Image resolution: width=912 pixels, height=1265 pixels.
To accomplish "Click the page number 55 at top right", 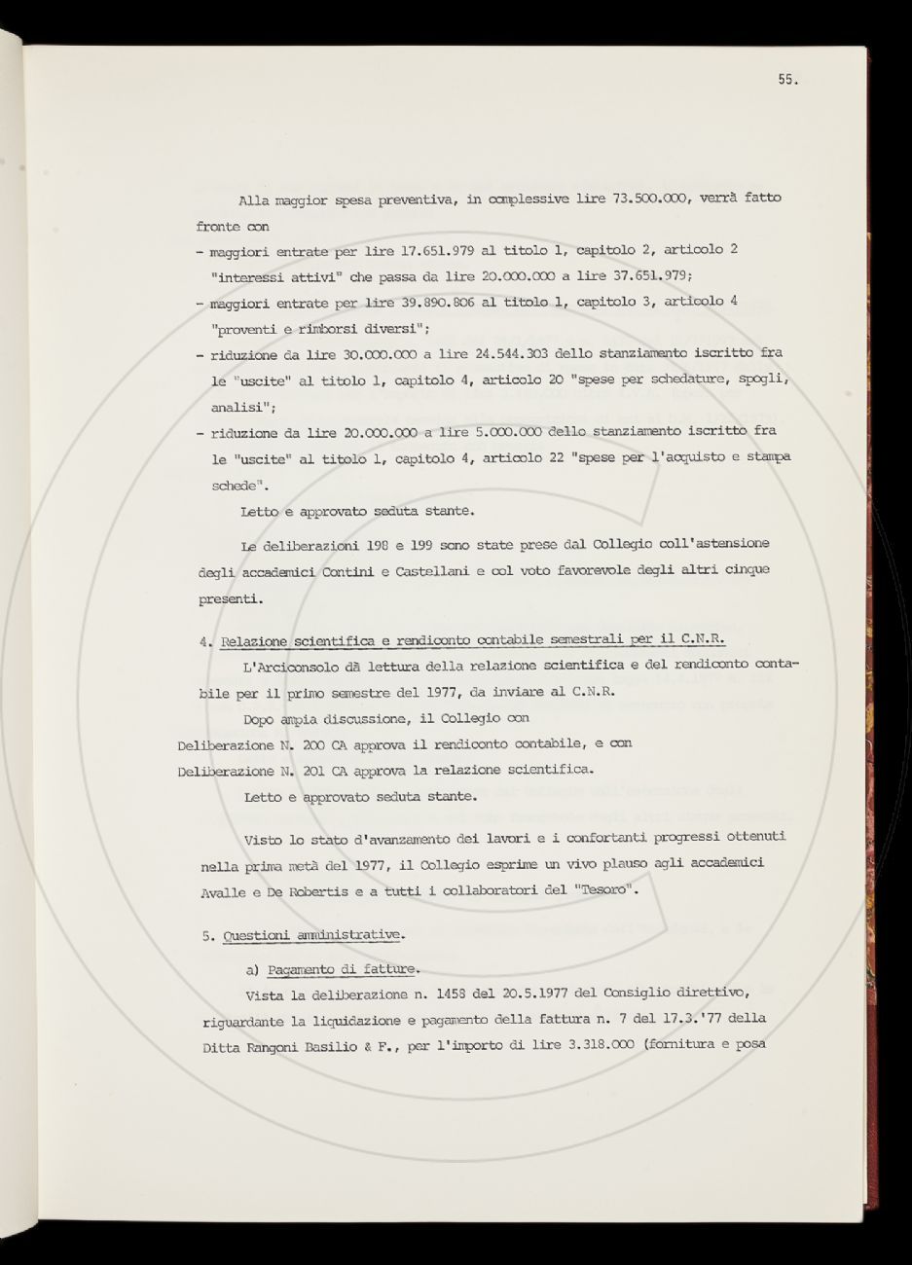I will pos(787,81).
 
